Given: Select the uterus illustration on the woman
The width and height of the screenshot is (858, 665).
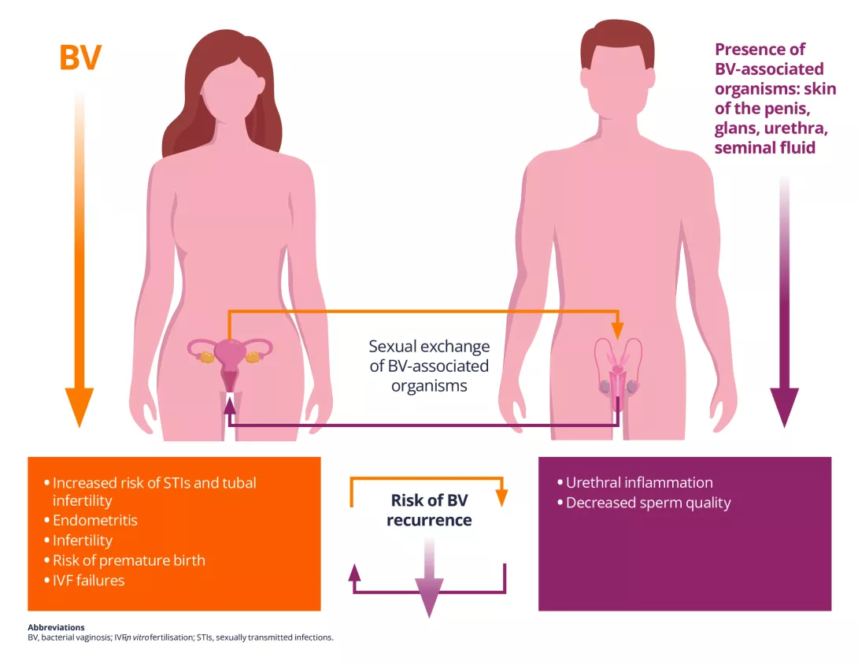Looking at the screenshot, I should pyautogui.click(x=230, y=359).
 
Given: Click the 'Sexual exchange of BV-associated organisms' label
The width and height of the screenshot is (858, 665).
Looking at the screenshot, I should pyautogui.click(x=429, y=366).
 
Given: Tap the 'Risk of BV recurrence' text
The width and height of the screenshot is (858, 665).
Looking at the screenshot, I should pyautogui.click(x=429, y=510).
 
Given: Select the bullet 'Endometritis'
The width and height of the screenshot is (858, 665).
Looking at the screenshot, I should pyautogui.click(x=95, y=520).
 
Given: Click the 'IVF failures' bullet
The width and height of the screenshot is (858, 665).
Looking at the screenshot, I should pyautogui.click(x=88, y=581).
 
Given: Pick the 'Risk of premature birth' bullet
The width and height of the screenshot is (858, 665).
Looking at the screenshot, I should pyautogui.click(x=128, y=560).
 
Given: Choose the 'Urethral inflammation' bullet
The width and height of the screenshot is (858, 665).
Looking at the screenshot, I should pyautogui.click(x=639, y=482).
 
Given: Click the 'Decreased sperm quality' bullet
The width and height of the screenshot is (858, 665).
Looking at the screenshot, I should pyautogui.click(x=648, y=503).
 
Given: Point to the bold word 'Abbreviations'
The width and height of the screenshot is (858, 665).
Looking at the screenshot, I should pyautogui.click(x=56, y=627).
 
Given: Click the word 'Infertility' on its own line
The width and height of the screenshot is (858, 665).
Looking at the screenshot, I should pyautogui.click(x=83, y=541).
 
